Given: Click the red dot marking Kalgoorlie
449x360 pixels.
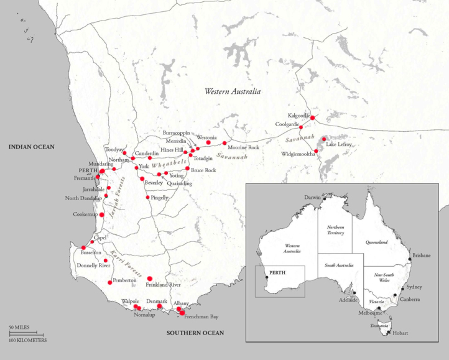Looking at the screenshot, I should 313,118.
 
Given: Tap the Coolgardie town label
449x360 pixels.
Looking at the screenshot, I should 289,124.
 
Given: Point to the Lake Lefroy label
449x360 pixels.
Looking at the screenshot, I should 340,144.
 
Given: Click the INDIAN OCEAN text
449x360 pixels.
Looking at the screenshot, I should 32,147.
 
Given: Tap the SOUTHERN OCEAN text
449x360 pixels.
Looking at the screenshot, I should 195,333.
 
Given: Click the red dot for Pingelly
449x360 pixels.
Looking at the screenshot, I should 147,198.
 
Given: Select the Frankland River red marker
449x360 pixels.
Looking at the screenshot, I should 149,279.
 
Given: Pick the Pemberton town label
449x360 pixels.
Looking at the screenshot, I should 124,281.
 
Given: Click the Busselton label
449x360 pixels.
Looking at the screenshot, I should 88,253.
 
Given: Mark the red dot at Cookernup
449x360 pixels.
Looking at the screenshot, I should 101,215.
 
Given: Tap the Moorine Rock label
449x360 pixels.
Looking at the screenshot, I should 243,147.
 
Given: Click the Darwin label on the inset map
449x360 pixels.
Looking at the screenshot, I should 312,198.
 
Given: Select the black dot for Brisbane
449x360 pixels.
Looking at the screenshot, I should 410,257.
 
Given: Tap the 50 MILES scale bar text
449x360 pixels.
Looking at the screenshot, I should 19,326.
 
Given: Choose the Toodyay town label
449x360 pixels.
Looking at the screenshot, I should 114,150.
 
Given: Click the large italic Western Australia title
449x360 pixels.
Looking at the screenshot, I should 233,91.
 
